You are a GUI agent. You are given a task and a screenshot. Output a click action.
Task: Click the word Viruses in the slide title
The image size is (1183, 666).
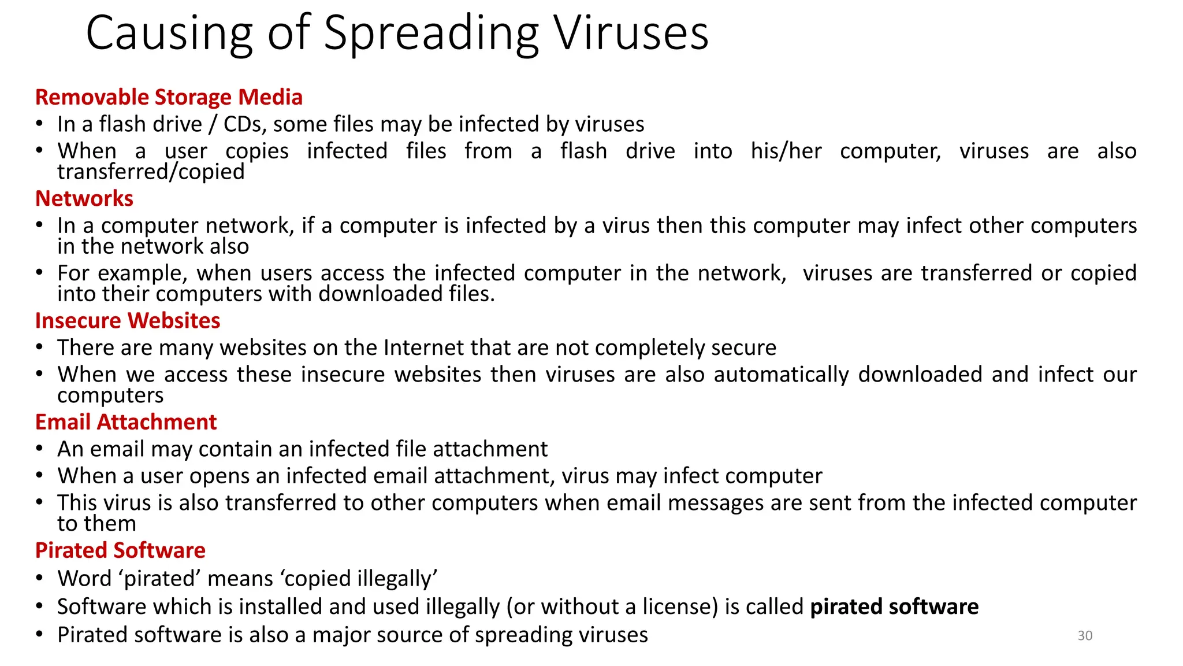pyautogui.click(x=631, y=34)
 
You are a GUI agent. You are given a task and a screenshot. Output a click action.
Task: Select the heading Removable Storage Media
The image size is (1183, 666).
pyautogui.click(x=169, y=97)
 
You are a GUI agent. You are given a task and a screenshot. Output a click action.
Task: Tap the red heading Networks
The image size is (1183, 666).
pyautogui.click(x=84, y=198)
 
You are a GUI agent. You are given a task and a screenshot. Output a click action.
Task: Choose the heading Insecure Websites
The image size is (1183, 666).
pyautogui.click(x=128, y=320)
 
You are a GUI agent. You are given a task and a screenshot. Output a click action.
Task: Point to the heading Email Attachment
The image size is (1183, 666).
pyautogui.click(x=126, y=422)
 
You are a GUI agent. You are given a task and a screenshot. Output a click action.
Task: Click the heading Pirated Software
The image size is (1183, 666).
pyautogui.click(x=120, y=550)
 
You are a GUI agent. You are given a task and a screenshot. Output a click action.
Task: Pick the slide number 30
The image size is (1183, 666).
pyautogui.click(x=1085, y=635)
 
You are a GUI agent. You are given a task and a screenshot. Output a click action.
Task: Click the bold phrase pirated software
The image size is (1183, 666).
pyautogui.click(x=894, y=606)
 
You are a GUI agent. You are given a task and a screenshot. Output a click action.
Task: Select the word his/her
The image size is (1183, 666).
pyautogui.click(x=786, y=151)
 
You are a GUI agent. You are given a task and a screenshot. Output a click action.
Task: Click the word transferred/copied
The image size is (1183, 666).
pyautogui.click(x=151, y=172)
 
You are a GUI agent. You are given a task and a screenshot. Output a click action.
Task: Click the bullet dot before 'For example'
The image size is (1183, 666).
pyautogui.click(x=39, y=272)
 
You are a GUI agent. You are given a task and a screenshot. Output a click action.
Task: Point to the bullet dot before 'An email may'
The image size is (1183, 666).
pyautogui.click(x=39, y=448)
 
